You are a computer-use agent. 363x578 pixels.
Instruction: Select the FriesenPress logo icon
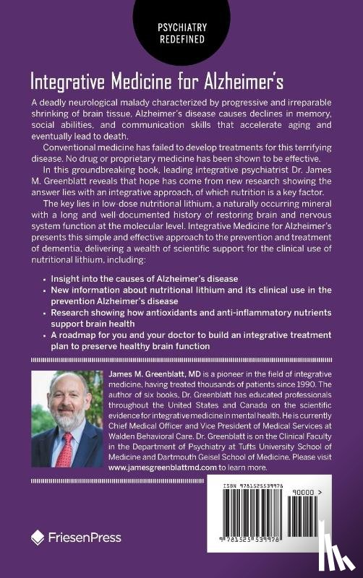tap(38, 537)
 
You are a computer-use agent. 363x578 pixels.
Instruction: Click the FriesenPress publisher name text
tap(84, 537)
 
